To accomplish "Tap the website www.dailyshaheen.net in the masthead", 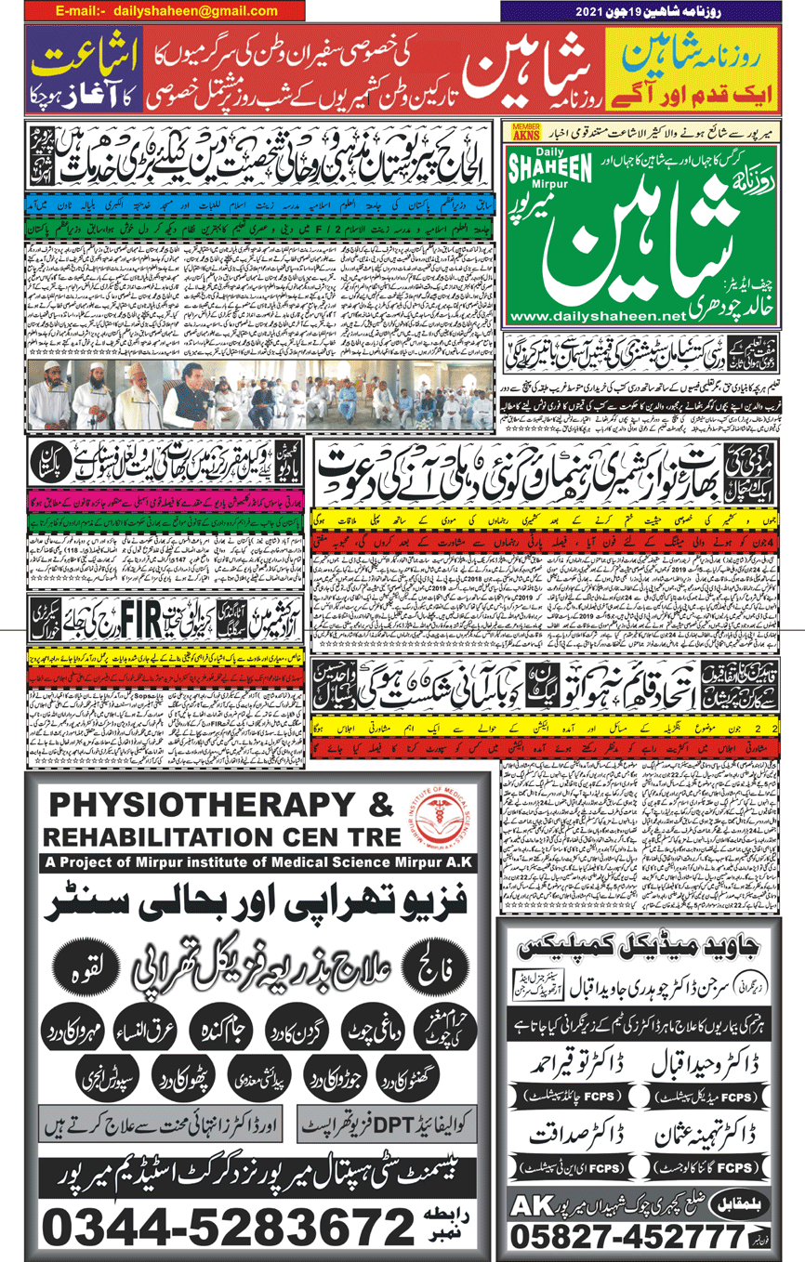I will click(597, 317).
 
